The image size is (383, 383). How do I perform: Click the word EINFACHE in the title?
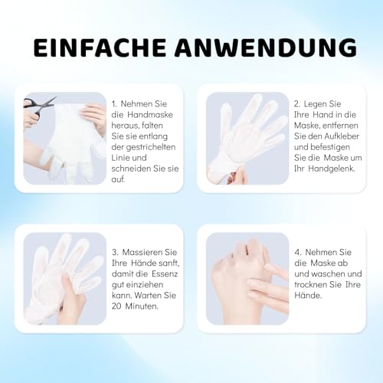click(x=101, y=47)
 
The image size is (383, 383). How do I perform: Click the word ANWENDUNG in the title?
click(x=264, y=47)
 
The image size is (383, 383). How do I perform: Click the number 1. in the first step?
click(x=115, y=102)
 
